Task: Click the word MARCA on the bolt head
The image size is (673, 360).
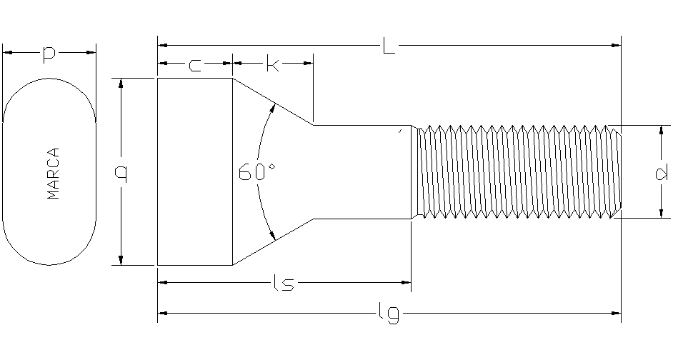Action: (53, 174)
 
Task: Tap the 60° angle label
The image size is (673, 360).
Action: (257, 172)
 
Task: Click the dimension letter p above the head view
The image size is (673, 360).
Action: (49, 54)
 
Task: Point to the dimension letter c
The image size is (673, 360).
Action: (194, 66)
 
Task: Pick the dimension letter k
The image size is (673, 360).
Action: (272, 65)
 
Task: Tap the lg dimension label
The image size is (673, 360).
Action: (387, 313)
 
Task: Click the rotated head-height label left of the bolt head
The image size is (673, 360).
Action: (121, 171)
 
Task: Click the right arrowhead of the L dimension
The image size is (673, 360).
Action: (617, 46)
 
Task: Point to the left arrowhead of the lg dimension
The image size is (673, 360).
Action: (161, 313)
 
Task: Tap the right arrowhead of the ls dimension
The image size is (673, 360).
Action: (407, 283)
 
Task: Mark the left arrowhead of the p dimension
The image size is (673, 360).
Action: (7, 51)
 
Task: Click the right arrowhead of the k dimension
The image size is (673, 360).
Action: (309, 64)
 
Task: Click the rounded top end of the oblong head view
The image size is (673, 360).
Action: (49, 80)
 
